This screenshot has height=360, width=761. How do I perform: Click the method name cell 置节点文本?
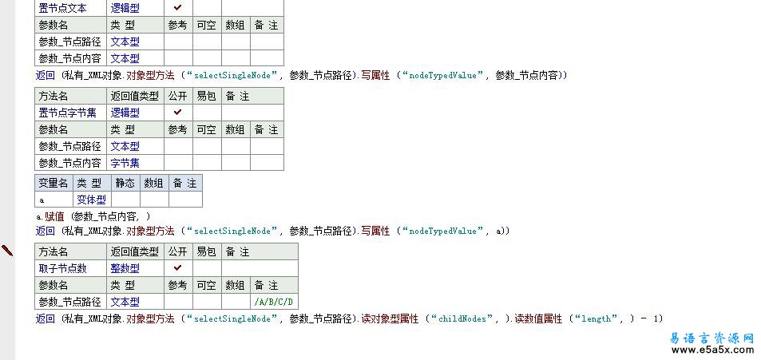pyautogui.click(x=64, y=8)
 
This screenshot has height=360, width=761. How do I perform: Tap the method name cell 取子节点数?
pyautogui.click(x=63, y=268)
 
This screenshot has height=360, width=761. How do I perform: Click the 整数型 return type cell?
pyautogui.click(x=125, y=268)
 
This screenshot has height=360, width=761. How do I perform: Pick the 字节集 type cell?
pyautogui.click(x=125, y=163)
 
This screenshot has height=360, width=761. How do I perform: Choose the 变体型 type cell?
pyautogui.click(x=91, y=200)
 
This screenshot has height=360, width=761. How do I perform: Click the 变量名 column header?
pyautogui.click(x=54, y=183)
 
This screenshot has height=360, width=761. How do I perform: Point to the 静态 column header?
pyautogui.click(x=125, y=183)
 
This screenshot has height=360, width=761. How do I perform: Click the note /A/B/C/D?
pyautogui.click(x=274, y=302)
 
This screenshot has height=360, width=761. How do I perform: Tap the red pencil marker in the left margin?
pyautogui.click(x=7, y=251)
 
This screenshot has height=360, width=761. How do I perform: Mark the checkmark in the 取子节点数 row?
pyautogui.click(x=177, y=268)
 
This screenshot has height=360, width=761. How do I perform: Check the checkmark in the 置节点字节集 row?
pyautogui.click(x=177, y=113)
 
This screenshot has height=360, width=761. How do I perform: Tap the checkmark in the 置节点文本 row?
pyautogui.click(x=177, y=8)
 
